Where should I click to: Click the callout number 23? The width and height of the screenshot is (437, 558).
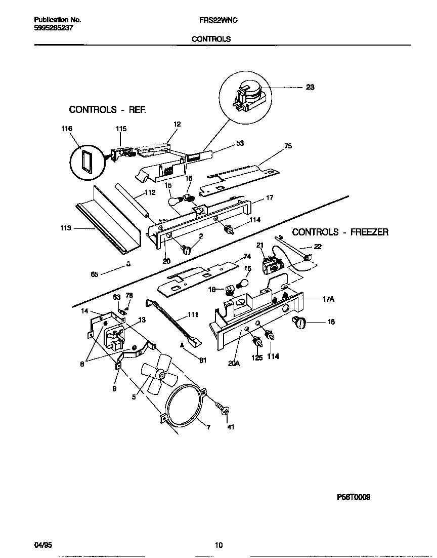pyautogui.click(x=310, y=87)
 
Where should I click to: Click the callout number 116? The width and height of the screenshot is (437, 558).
pyautogui.click(x=67, y=129)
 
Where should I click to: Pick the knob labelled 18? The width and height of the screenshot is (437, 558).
pyautogui.click(x=299, y=322)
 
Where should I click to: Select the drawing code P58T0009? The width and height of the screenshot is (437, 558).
pyautogui.click(x=354, y=497)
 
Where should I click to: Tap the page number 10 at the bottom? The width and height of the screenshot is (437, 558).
pyautogui.click(x=219, y=545)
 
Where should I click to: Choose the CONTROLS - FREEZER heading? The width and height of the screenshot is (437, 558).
pyautogui.click(x=340, y=232)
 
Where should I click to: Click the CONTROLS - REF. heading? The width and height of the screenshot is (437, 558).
pyautogui.click(x=107, y=109)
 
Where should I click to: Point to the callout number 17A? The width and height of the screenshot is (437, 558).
pyautogui.click(x=329, y=299)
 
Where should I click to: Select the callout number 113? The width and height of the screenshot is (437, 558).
pyautogui.click(x=66, y=228)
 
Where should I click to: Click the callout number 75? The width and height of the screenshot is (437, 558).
pyautogui.click(x=288, y=146)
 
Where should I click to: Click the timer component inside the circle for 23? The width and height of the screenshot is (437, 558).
pyautogui.click(x=249, y=96)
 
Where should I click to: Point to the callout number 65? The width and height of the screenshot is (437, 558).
pyautogui.click(x=94, y=274)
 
